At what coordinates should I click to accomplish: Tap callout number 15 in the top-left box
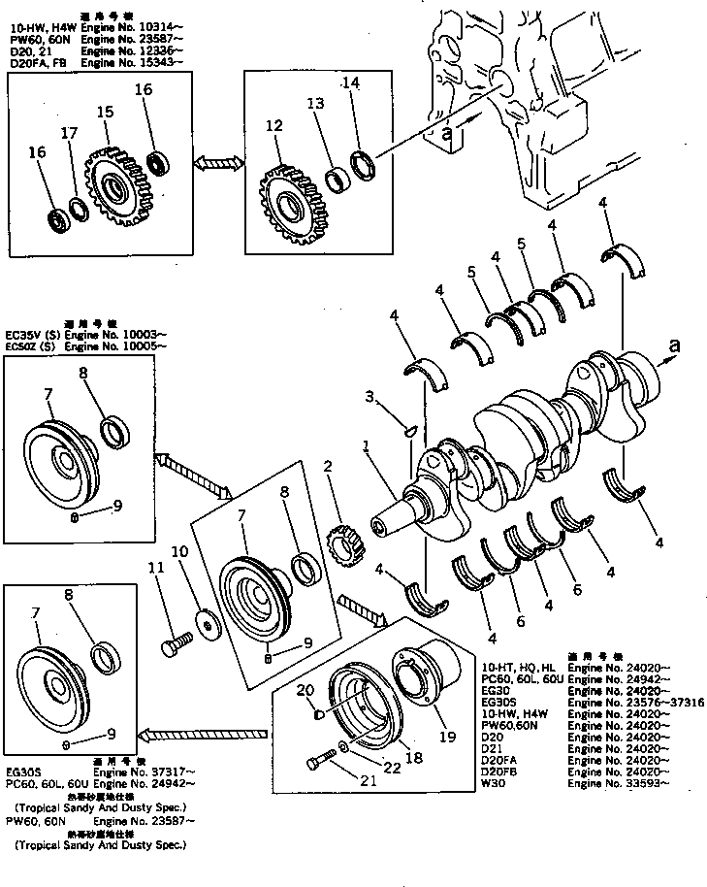click(x=104, y=113)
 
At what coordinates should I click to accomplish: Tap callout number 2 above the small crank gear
click(x=329, y=466)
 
